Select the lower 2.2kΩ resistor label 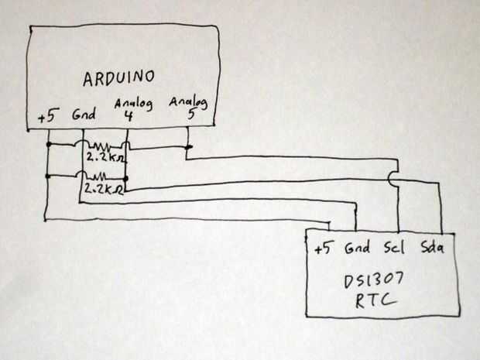point(105,188)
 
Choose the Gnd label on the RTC point(357,249)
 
